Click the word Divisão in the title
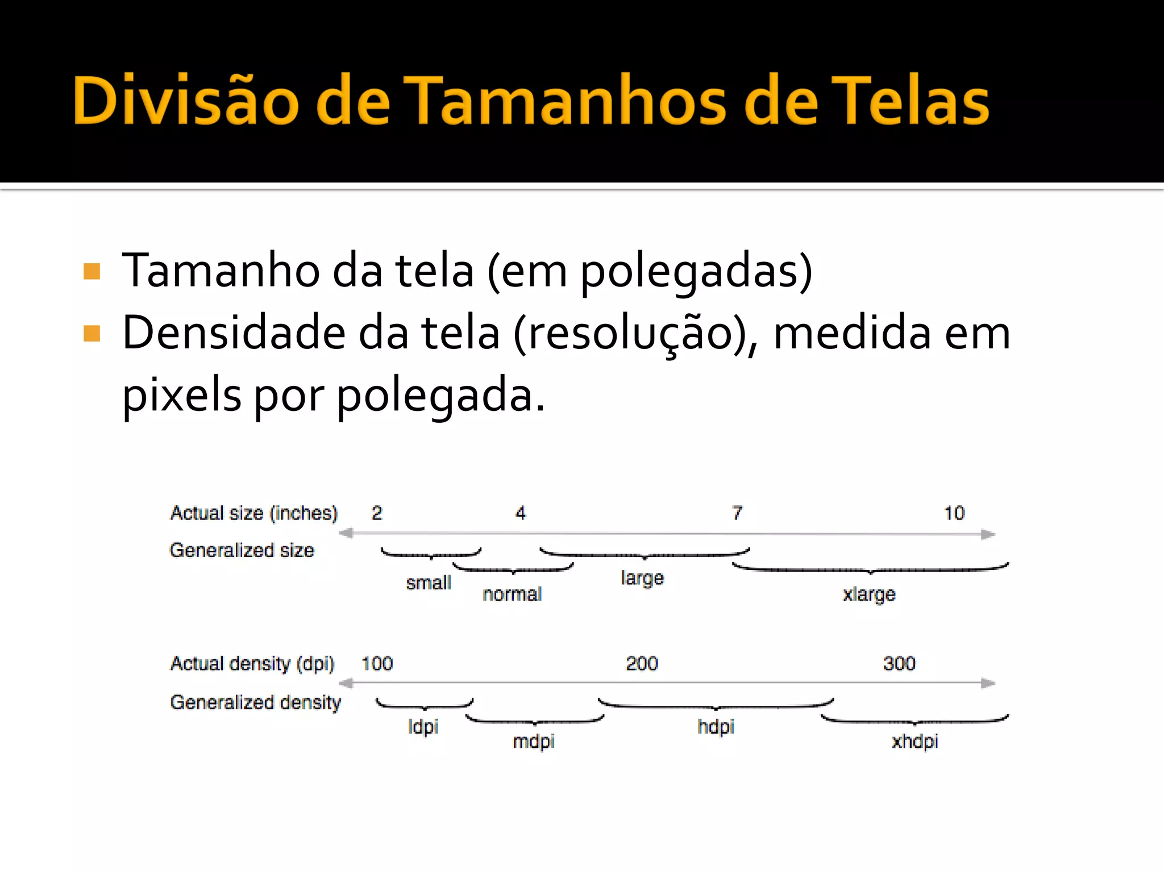[x=185, y=101]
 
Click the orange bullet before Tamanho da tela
[x=92, y=272]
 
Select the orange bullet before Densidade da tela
[x=92, y=334]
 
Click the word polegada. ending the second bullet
[x=441, y=396]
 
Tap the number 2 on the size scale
[x=377, y=513]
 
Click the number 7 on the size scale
[x=737, y=513]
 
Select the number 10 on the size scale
[x=954, y=513]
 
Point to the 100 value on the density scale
[x=377, y=663]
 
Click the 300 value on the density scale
[x=899, y=663]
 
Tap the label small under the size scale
[x=429, y=583]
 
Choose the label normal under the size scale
[x=512, y=594]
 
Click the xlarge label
[x=869, y=595]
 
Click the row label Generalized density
[x=256, y=703]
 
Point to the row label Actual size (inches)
[x=254, y=513]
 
